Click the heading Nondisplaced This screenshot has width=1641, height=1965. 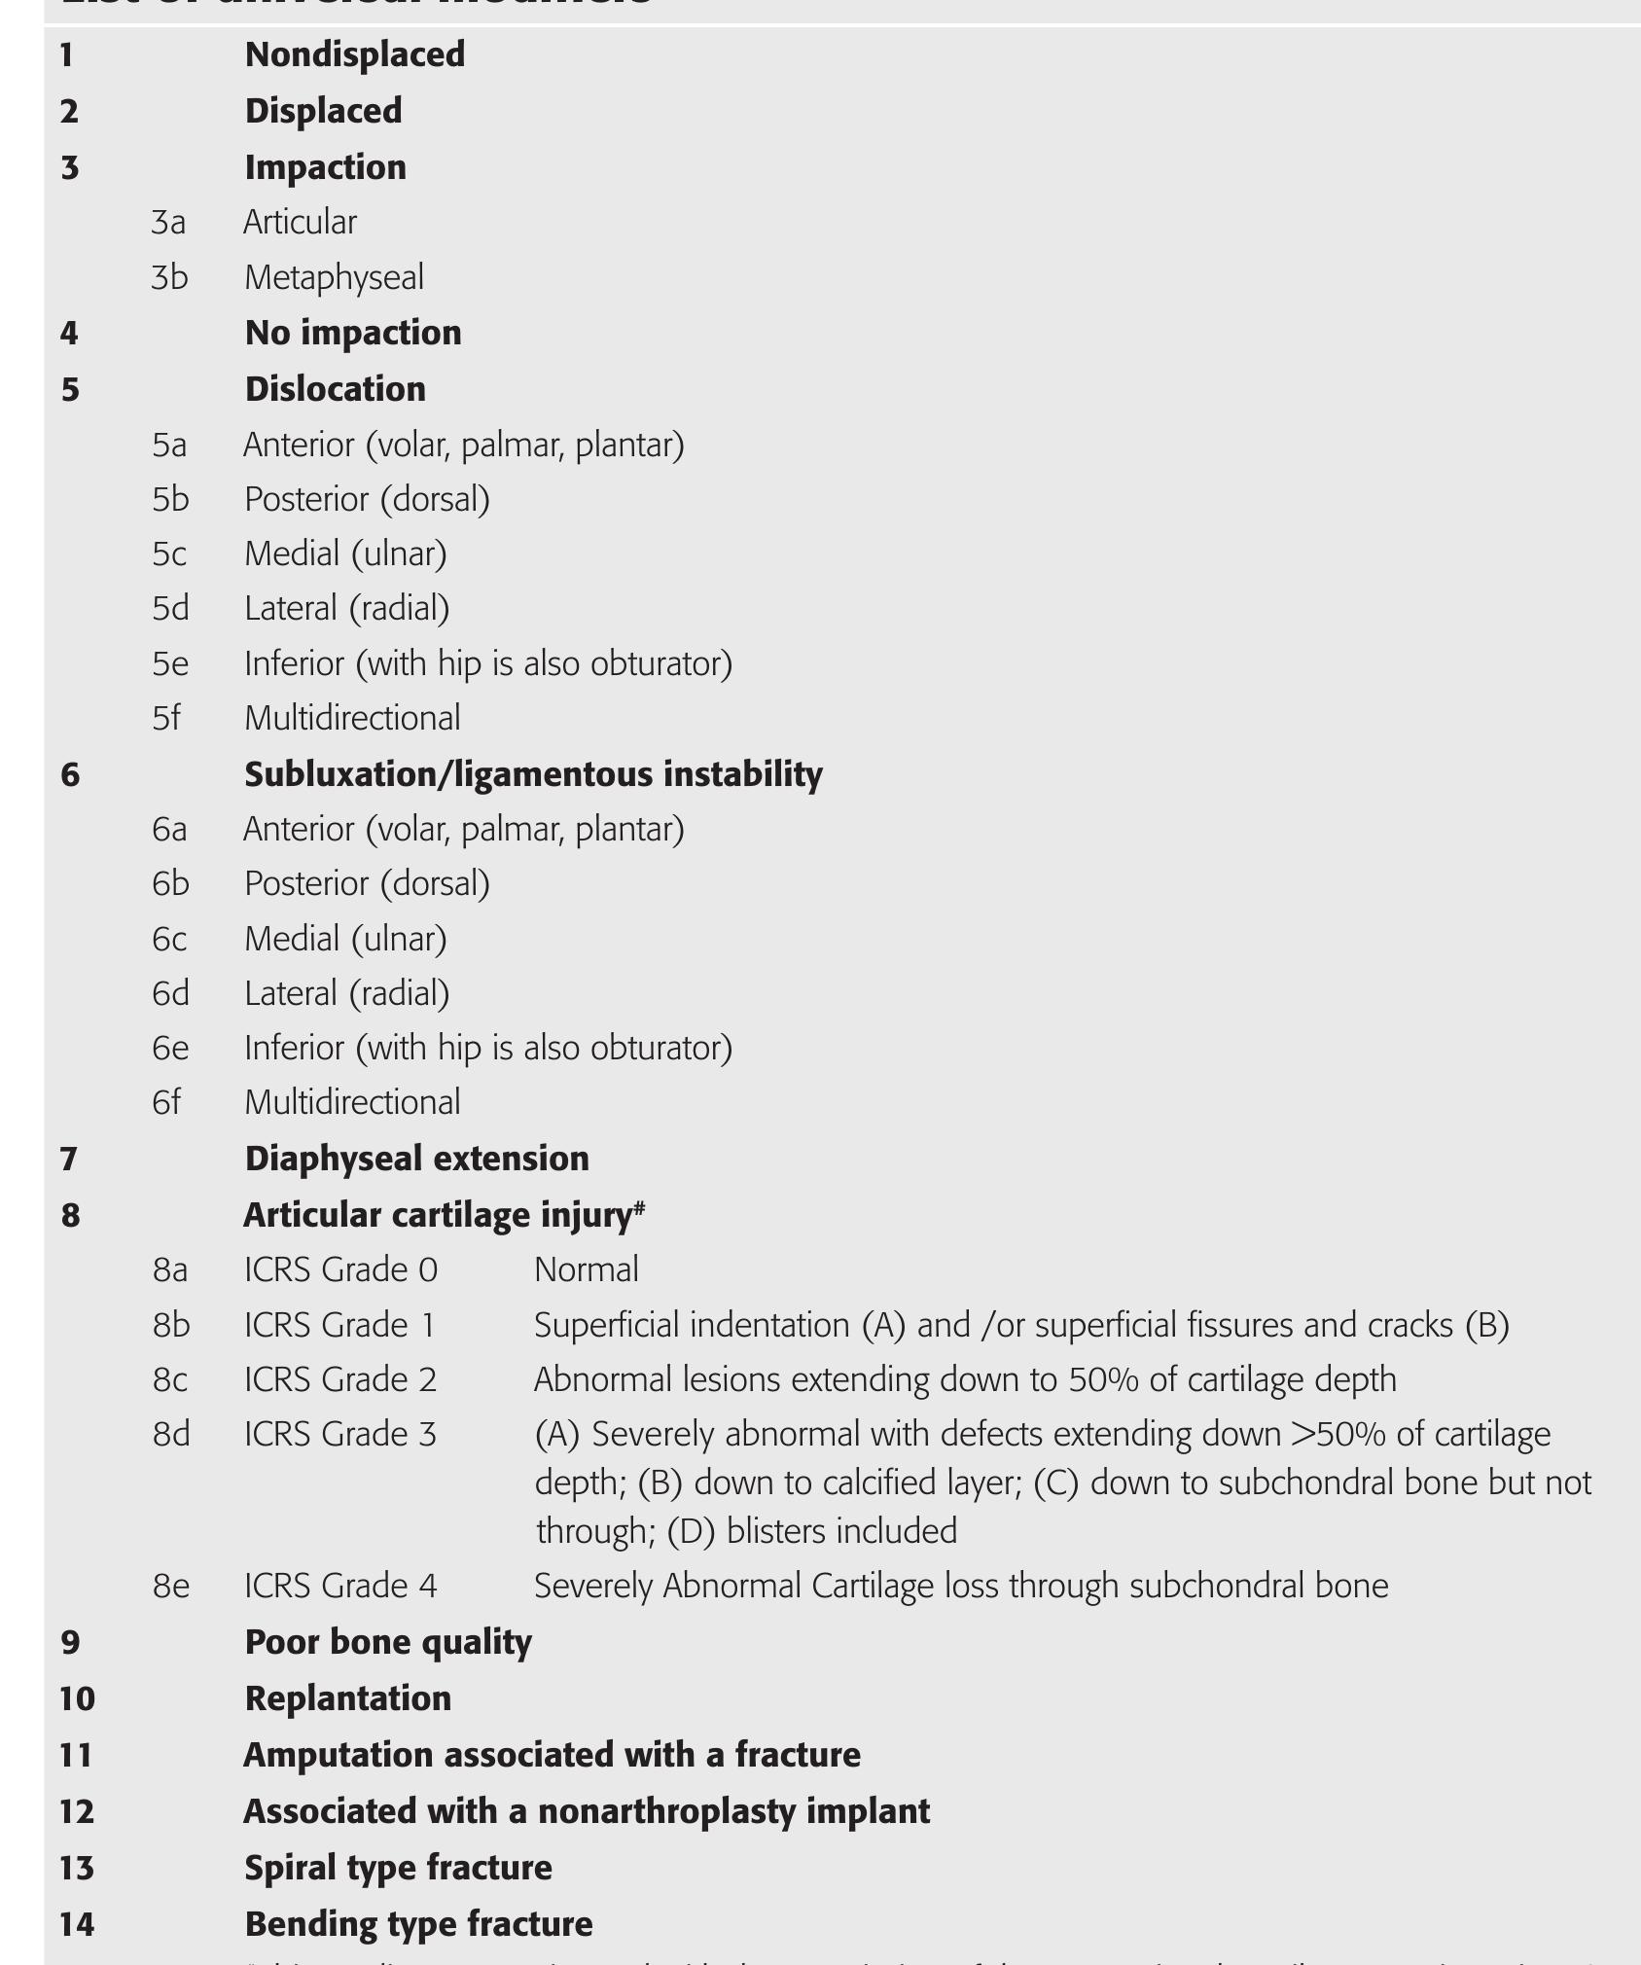click(x=354, y=54)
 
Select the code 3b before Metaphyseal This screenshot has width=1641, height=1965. click(x=169, y=277)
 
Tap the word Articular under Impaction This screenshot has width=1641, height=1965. click(x=300, y=223)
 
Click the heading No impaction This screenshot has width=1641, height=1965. click(x=353, y=334)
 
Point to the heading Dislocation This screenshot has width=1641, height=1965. click(x=335, y=389)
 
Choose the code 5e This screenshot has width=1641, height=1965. click(x=169, y=663)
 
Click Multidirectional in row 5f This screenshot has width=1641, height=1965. click(x=352, y=718)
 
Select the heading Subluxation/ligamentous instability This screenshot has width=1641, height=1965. click(x=533, y=774)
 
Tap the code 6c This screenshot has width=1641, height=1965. click(x=168, y=939)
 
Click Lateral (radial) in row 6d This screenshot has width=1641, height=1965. click(x=347, y=993)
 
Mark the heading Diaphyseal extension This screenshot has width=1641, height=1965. click(x=416, y=1159)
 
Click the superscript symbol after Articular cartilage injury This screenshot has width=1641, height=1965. click(x=640, y=1207)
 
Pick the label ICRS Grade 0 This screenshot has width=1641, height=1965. click(x=340, y=1270)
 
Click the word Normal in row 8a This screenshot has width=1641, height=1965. click(x=587, y=1270)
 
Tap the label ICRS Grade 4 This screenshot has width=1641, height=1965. click(x=340, y=1587)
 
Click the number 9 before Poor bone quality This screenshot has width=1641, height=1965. click(x=70, y=1643)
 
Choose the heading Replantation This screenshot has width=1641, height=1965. click(x=347, y=1698)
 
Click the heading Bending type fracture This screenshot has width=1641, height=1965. click(x=418, y=1924)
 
